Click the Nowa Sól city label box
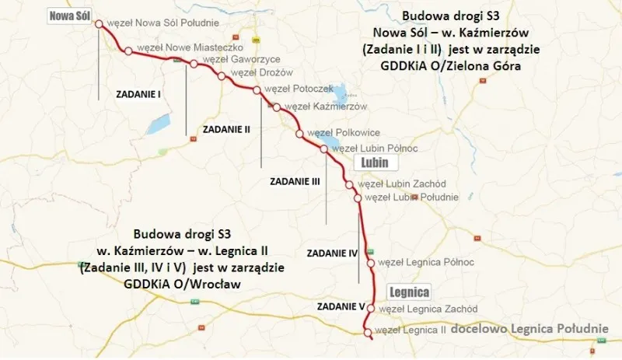[72, 16]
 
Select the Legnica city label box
[409, 292]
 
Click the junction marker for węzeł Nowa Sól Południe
[99, 24]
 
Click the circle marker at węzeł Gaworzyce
[194, 63]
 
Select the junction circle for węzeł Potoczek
[257, 90]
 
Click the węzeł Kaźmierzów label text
[325, 106]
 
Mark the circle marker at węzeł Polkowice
[299, 134]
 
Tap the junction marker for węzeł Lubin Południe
[358, 198]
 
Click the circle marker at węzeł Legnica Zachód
[370, 309]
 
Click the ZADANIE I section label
[138, 94]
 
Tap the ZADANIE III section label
[295, 180]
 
